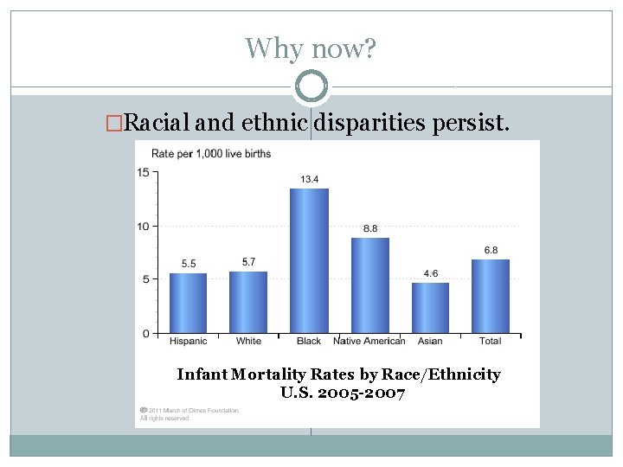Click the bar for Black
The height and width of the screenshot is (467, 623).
[309, 260]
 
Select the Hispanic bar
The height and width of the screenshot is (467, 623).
[188, 303]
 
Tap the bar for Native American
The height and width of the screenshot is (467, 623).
[369, 285]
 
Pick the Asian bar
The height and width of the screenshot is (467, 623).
[430, 307]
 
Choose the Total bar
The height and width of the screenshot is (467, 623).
[491, 296]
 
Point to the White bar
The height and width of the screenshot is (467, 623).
[248, 302]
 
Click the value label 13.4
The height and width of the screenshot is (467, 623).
[309, 179]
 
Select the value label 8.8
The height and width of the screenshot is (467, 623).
[369, 228]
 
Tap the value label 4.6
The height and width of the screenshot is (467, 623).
[430, 273]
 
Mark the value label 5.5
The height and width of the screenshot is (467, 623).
[188, 264]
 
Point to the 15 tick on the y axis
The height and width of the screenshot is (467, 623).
[144, 172]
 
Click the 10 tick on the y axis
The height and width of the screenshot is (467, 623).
[144, 226]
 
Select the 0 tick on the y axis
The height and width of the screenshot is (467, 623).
[146, 333]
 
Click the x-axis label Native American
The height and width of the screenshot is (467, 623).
[369, 341]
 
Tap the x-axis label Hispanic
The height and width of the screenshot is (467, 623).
[188, 341]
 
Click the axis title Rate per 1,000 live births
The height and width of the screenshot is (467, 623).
[211, 154]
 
